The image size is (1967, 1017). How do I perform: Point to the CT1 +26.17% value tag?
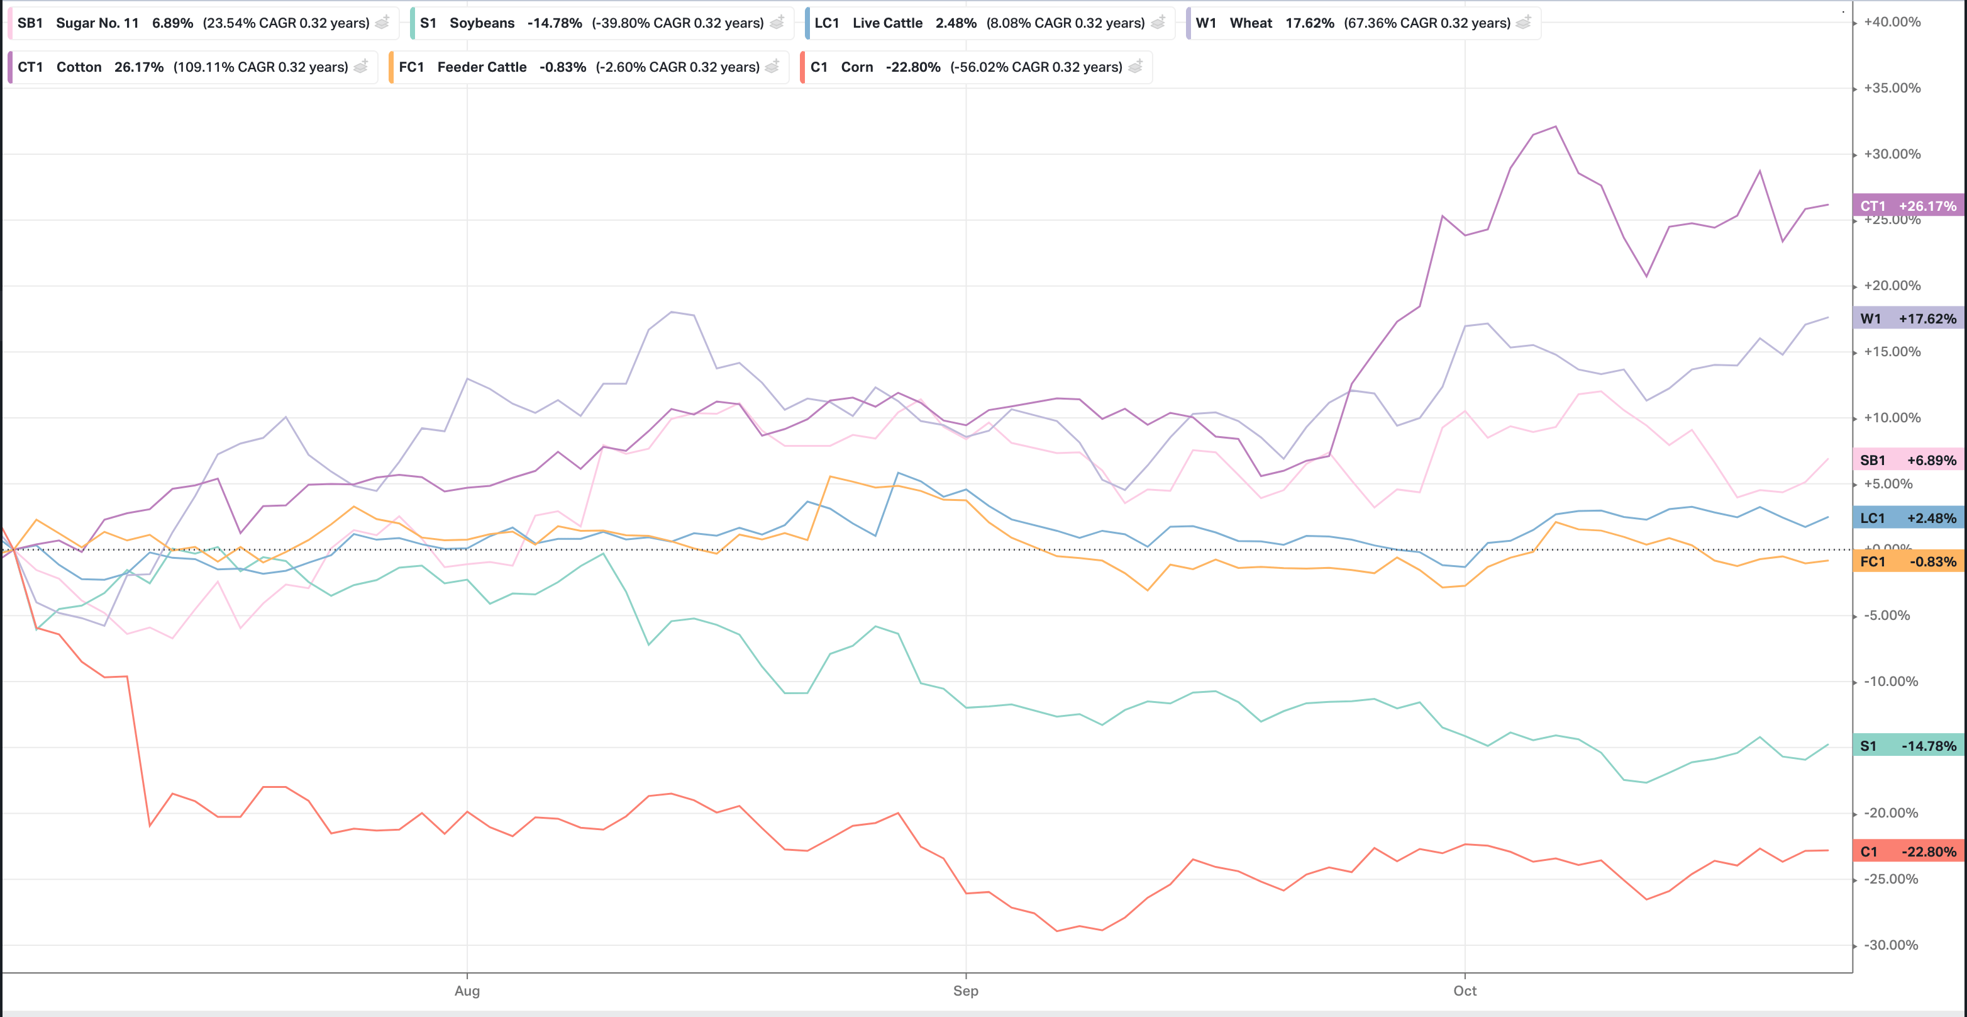(1907, 206)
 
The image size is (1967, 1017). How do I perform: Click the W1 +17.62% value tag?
(1907, 318)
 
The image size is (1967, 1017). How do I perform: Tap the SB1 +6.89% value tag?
(1907, 460)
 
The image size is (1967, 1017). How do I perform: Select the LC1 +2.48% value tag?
(1907, 518)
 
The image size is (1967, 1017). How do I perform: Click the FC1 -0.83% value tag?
(1907, 561)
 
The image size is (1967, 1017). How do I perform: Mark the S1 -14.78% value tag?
(1907, 746)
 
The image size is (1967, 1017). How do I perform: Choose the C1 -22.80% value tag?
(1907, 851)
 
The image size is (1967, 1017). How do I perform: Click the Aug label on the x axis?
(467, 991)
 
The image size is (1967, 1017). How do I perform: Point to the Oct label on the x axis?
(1464, 991)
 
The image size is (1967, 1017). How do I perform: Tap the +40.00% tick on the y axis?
(1892, 22)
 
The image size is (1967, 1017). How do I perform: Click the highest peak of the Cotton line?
(1556, 127)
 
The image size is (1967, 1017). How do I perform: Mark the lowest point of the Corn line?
(1057, 931)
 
